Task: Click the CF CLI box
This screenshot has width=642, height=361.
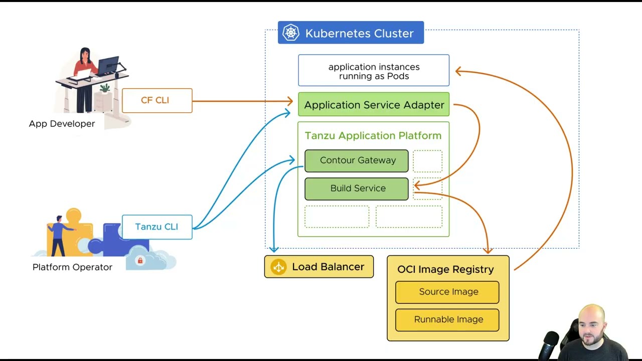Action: pos(157,100)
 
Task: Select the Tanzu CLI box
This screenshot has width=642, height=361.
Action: pos(157,227)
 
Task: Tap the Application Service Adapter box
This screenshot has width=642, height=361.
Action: pos(374,105)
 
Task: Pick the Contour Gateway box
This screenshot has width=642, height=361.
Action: pos(357,160)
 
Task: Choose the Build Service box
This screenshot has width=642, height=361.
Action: pos(357,189)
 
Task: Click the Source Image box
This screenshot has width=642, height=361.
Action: pos(447,292)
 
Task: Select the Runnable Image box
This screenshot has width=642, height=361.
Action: pos(447,320)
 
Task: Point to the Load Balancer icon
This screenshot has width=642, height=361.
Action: pos(278,267)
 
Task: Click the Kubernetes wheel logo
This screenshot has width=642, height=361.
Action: pos(291,33)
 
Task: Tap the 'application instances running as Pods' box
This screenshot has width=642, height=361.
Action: pos(374,71)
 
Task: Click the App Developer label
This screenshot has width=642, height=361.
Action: pos(62,124)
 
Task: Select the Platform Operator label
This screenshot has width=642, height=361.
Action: pos(72,267)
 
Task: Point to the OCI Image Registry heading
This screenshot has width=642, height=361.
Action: pos(445,269)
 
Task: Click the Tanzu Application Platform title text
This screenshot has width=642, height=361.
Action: pos(373,136)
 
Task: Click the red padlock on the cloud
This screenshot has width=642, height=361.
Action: pos(140,261)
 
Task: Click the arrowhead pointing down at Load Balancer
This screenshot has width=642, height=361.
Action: pos(274,249)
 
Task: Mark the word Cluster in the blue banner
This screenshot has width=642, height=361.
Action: pos(393,34)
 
